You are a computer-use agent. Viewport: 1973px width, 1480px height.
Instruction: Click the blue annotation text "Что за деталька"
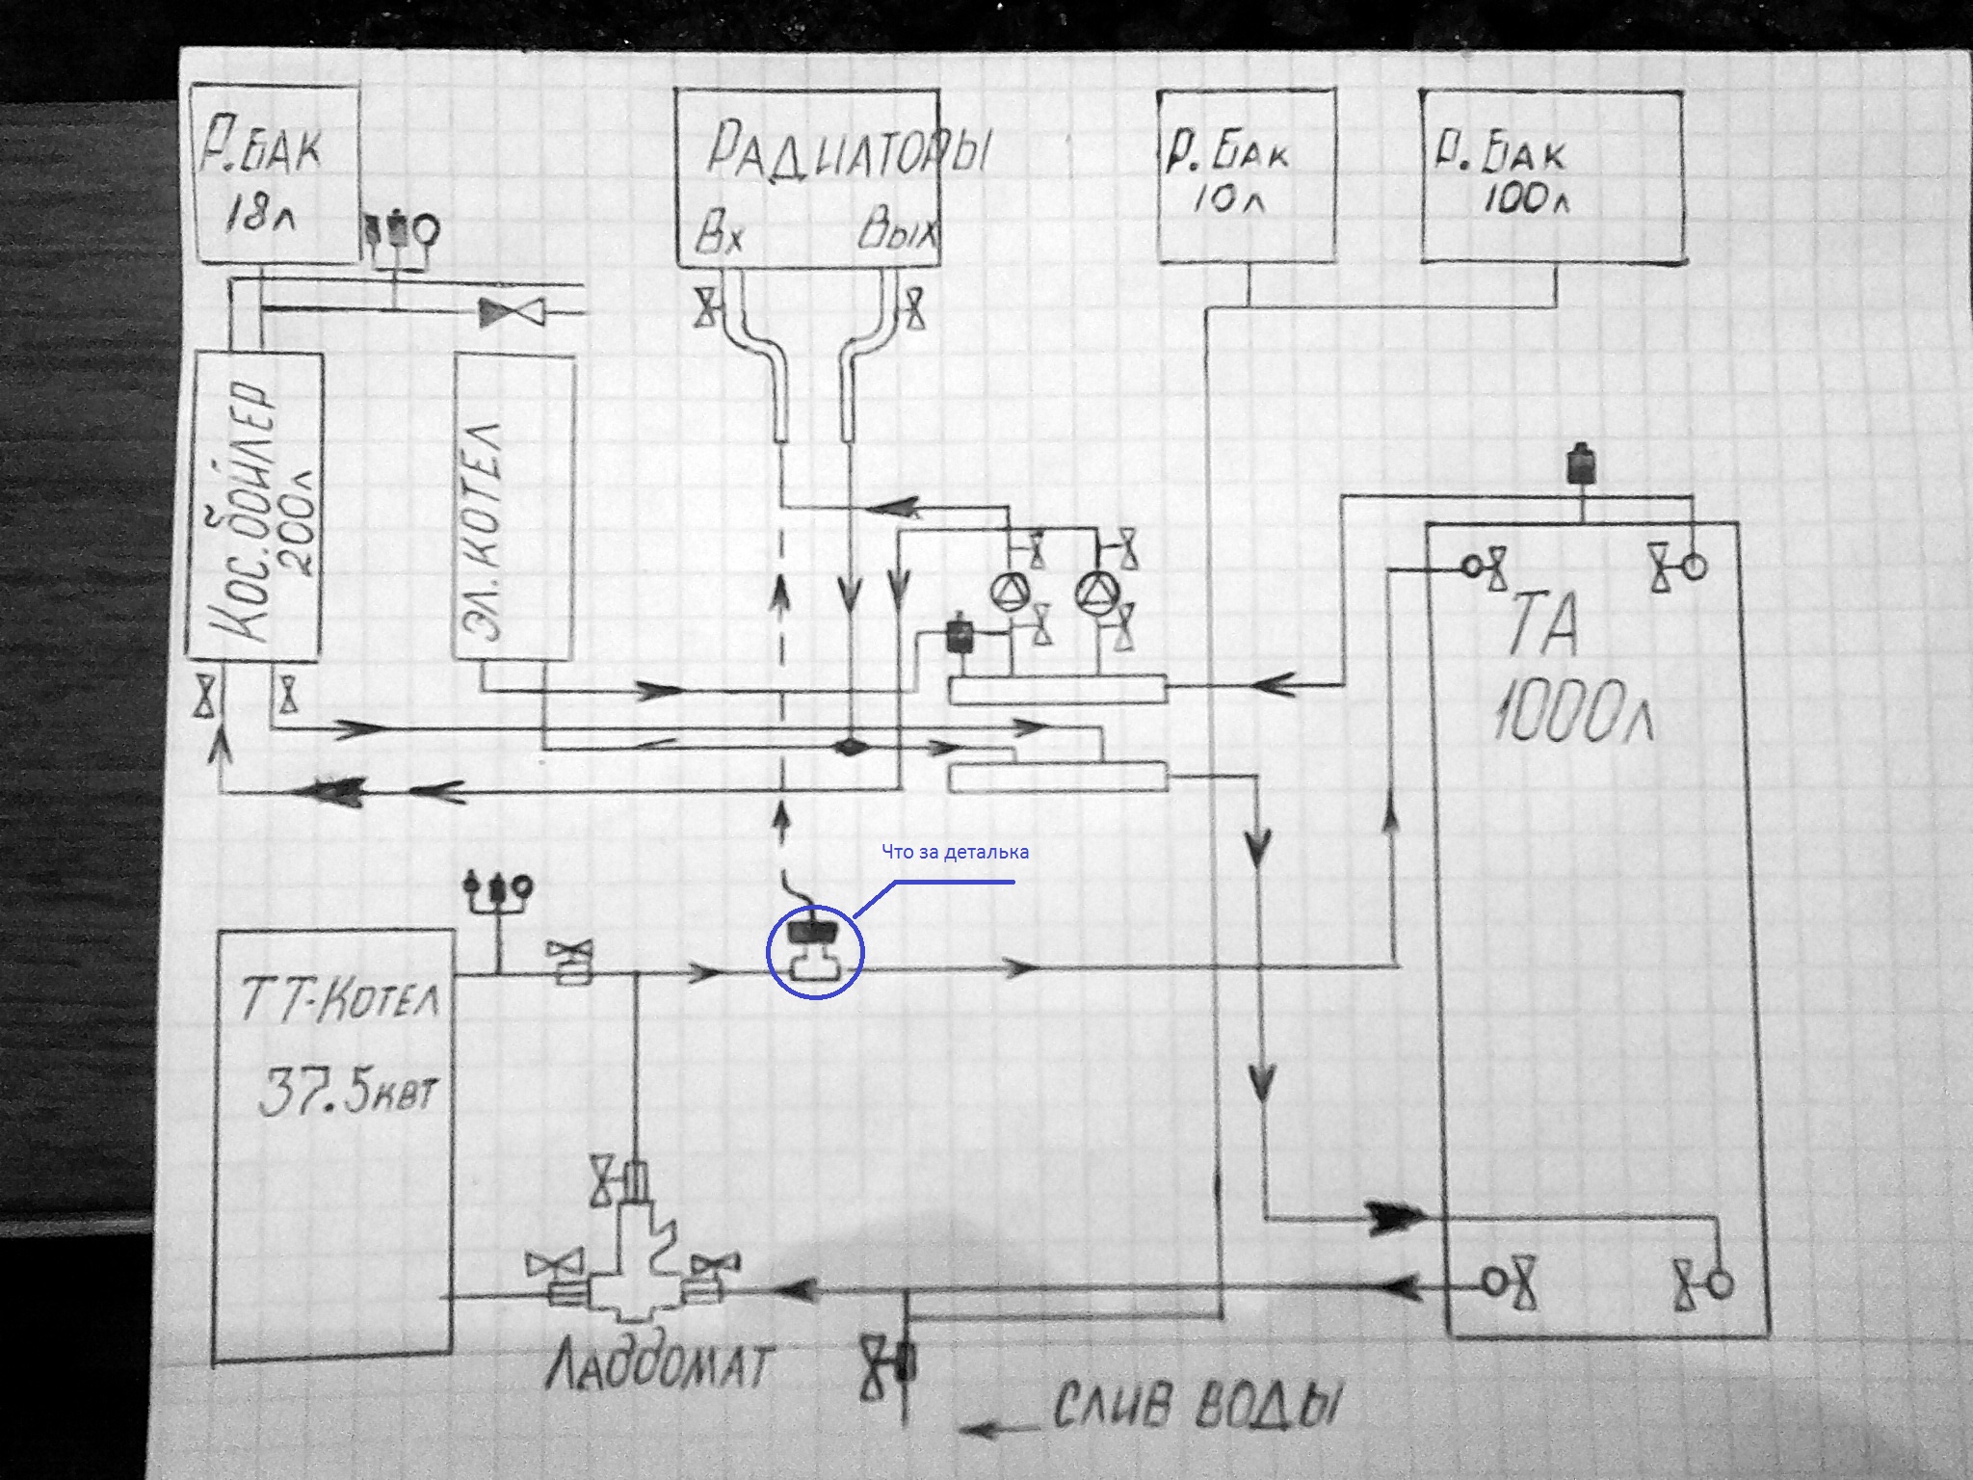pos(955,852)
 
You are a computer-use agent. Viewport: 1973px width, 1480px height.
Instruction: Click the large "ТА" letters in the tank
pos(1541,626)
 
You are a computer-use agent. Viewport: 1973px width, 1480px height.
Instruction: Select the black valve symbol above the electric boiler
pos(512,311)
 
